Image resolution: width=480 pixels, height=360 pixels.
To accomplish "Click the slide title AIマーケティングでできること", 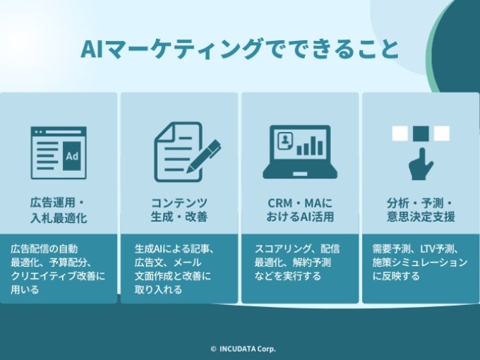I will pos(240,49).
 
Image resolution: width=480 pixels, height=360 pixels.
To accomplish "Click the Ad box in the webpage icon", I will pos(71,157).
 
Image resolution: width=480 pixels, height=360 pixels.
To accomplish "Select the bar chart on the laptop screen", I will pos(308,146).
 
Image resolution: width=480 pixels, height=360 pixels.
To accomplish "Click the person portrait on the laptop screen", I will pos(284,139).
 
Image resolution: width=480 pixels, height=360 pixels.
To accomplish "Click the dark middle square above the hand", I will pos(421,133).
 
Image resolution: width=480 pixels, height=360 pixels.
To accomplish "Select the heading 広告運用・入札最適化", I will pos(59,210).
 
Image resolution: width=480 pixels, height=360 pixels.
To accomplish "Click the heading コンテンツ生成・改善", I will pos(179,210).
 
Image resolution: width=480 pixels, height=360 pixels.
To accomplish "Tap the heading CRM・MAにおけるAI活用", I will pos(300,210).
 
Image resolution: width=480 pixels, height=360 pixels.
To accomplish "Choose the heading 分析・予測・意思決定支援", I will pos(421,210).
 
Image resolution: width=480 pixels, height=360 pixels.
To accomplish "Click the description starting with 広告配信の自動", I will pos(58,268).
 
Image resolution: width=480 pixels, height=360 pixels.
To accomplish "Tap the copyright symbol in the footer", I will pos(213,349).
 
